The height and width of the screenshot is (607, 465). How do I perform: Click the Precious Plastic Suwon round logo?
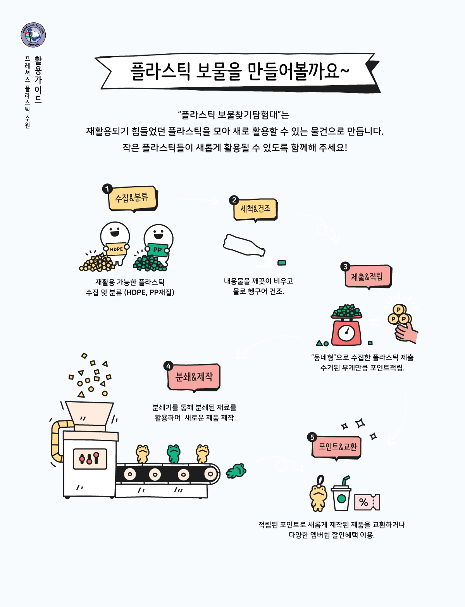pos(33,35)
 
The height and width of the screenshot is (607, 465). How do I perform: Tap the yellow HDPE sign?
pos(116,249)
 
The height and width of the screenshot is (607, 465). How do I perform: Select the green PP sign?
pos(157,250)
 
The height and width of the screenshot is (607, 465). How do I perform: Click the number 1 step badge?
pos(107,189)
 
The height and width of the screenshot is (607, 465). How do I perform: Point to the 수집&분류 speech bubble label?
pos(132,198)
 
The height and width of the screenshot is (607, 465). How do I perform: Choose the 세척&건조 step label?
pos(255,209)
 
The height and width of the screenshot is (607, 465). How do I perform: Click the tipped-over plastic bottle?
pos(244,245)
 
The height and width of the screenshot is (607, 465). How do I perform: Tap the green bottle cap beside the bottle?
pos(282,262)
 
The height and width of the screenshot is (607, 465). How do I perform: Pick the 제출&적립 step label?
pos(368,276)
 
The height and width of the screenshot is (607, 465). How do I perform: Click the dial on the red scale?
pos(346,333)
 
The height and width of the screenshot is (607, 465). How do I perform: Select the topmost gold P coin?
pos(399,310)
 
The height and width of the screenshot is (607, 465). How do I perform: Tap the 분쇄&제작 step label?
pos(194,377)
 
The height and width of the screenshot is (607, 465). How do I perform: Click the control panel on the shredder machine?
pos(90,459)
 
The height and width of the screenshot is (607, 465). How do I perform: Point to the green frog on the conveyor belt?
pos(174,454)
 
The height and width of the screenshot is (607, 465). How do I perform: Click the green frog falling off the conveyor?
pos(236,471)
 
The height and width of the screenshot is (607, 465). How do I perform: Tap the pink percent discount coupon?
pos(367,502)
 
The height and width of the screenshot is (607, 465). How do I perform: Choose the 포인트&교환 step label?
pos(337,447)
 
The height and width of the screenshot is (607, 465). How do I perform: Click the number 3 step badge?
pos(345,267)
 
